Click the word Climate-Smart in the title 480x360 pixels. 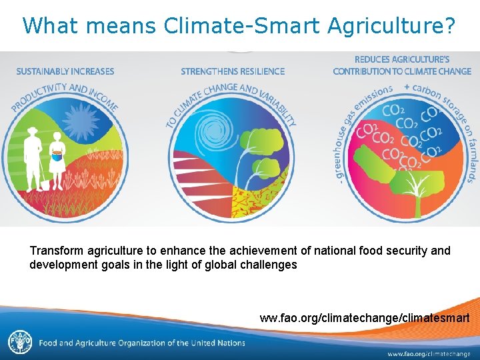point(241,25)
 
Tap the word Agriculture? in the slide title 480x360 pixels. point(392,25)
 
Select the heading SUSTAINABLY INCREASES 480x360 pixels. point(65,71)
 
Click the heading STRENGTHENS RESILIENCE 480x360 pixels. point(233,71)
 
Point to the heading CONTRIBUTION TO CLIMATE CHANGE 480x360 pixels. point(402,71)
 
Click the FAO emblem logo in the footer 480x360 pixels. point(19,343)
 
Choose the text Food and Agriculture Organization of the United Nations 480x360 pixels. point(142,343)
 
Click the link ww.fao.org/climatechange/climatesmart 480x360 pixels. point(364,317)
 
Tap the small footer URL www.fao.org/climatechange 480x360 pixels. point(429,353)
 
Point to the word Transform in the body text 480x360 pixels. point(55,251)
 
